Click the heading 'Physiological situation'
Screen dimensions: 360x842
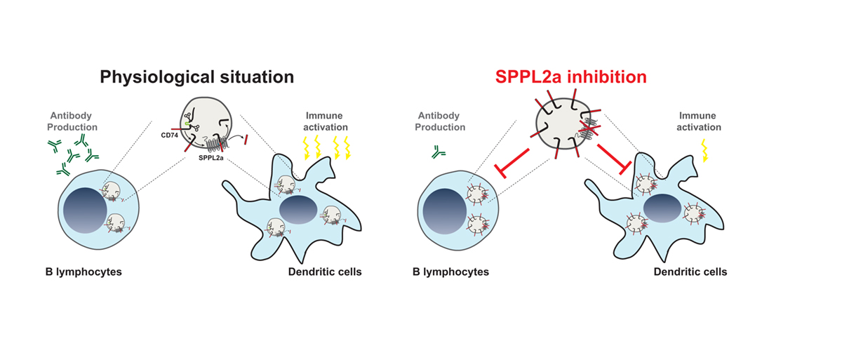point(196,76)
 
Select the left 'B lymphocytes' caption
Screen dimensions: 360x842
point(80,272)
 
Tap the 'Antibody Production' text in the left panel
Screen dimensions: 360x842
point(73,121)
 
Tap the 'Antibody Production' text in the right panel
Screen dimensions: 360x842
point(440,121)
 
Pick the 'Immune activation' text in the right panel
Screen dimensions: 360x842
point(700,121)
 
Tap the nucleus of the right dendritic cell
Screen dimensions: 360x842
point(661,209)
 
